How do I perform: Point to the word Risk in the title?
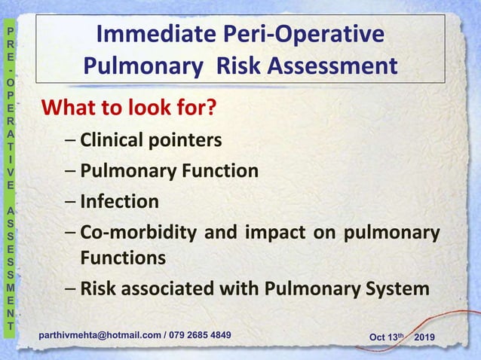[237, 67]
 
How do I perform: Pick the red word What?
[70, 109]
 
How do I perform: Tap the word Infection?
[120, 202]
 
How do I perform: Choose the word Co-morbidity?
[139, 233]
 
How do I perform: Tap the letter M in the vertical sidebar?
[9, 285]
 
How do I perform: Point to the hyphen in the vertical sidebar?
[9, 69]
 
